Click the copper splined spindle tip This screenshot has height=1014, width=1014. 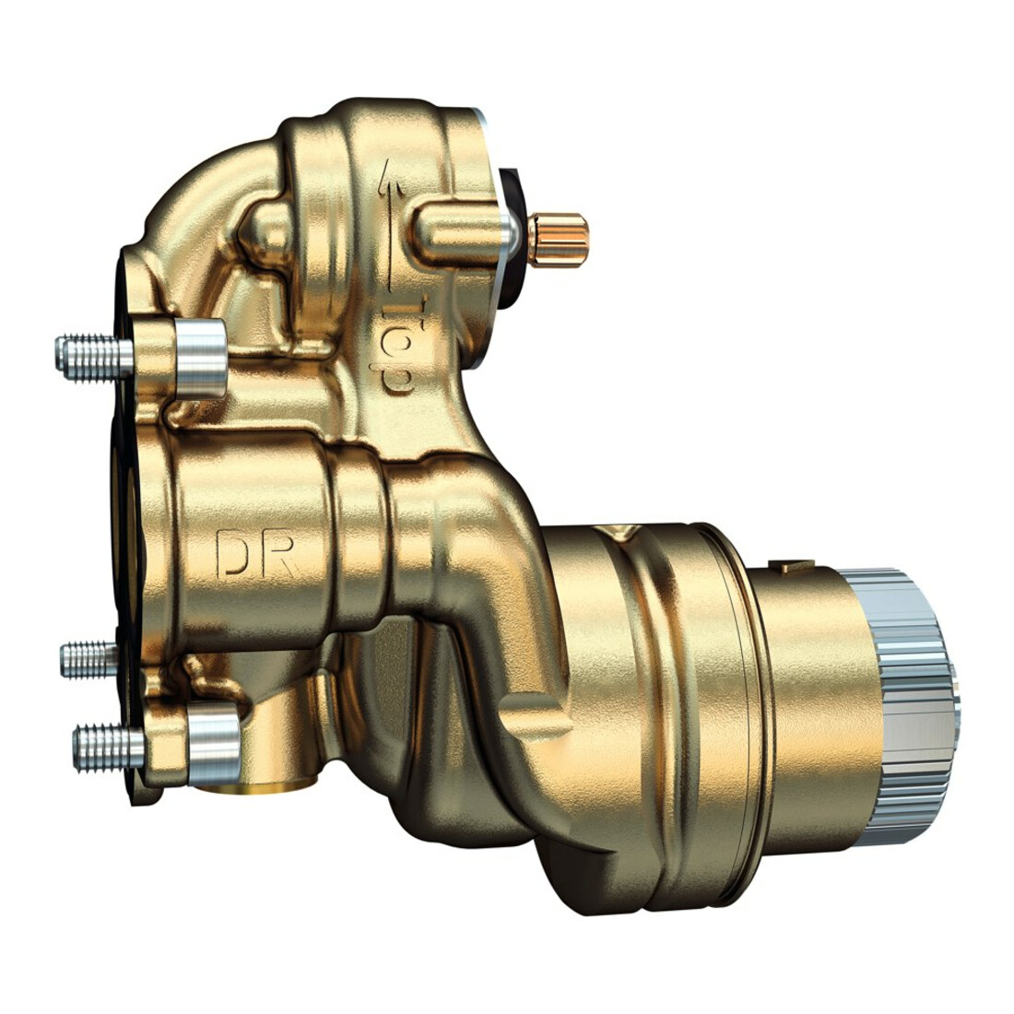(558, 240)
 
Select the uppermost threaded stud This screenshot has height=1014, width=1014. (95, 357)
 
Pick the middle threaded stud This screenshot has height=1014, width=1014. (90, 659)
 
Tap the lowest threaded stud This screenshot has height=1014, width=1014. (109, 749)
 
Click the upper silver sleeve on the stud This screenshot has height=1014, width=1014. (200, 359)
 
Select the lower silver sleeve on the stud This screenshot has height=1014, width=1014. (214, 741)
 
